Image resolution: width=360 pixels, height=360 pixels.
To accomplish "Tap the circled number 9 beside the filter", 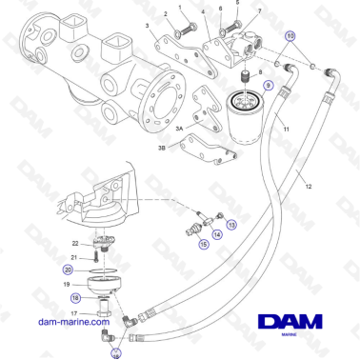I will coord(269,85).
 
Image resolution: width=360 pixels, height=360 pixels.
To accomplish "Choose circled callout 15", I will coord(203,244).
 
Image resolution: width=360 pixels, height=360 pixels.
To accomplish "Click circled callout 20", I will coord(68,270).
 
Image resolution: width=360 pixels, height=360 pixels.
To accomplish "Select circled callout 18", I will coord(74,298).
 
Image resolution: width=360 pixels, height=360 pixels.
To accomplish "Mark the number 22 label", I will coord(76,243).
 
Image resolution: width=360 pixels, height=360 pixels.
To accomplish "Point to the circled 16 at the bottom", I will coord(115,352).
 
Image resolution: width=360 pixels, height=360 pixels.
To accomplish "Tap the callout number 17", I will coord(72,311).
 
